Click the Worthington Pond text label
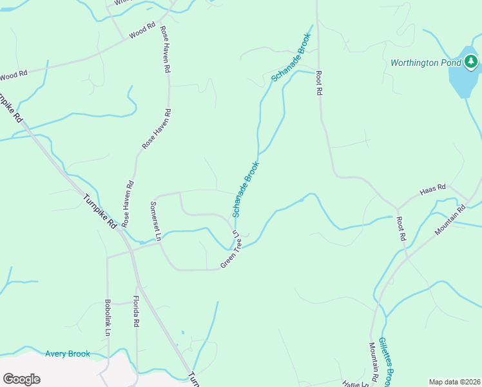coord(425,63)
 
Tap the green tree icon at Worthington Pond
coord(472,62)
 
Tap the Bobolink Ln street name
coord(107,316)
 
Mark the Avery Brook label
coord(68,353)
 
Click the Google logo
coord(21,379)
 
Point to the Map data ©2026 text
coord(454,382)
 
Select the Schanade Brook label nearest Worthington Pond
coord(291,56)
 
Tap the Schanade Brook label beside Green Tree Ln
coord(246,189)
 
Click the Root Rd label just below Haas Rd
coord(400,228)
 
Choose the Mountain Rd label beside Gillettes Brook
coord(373,362)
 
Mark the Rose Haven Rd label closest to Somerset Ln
coord(127,203)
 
